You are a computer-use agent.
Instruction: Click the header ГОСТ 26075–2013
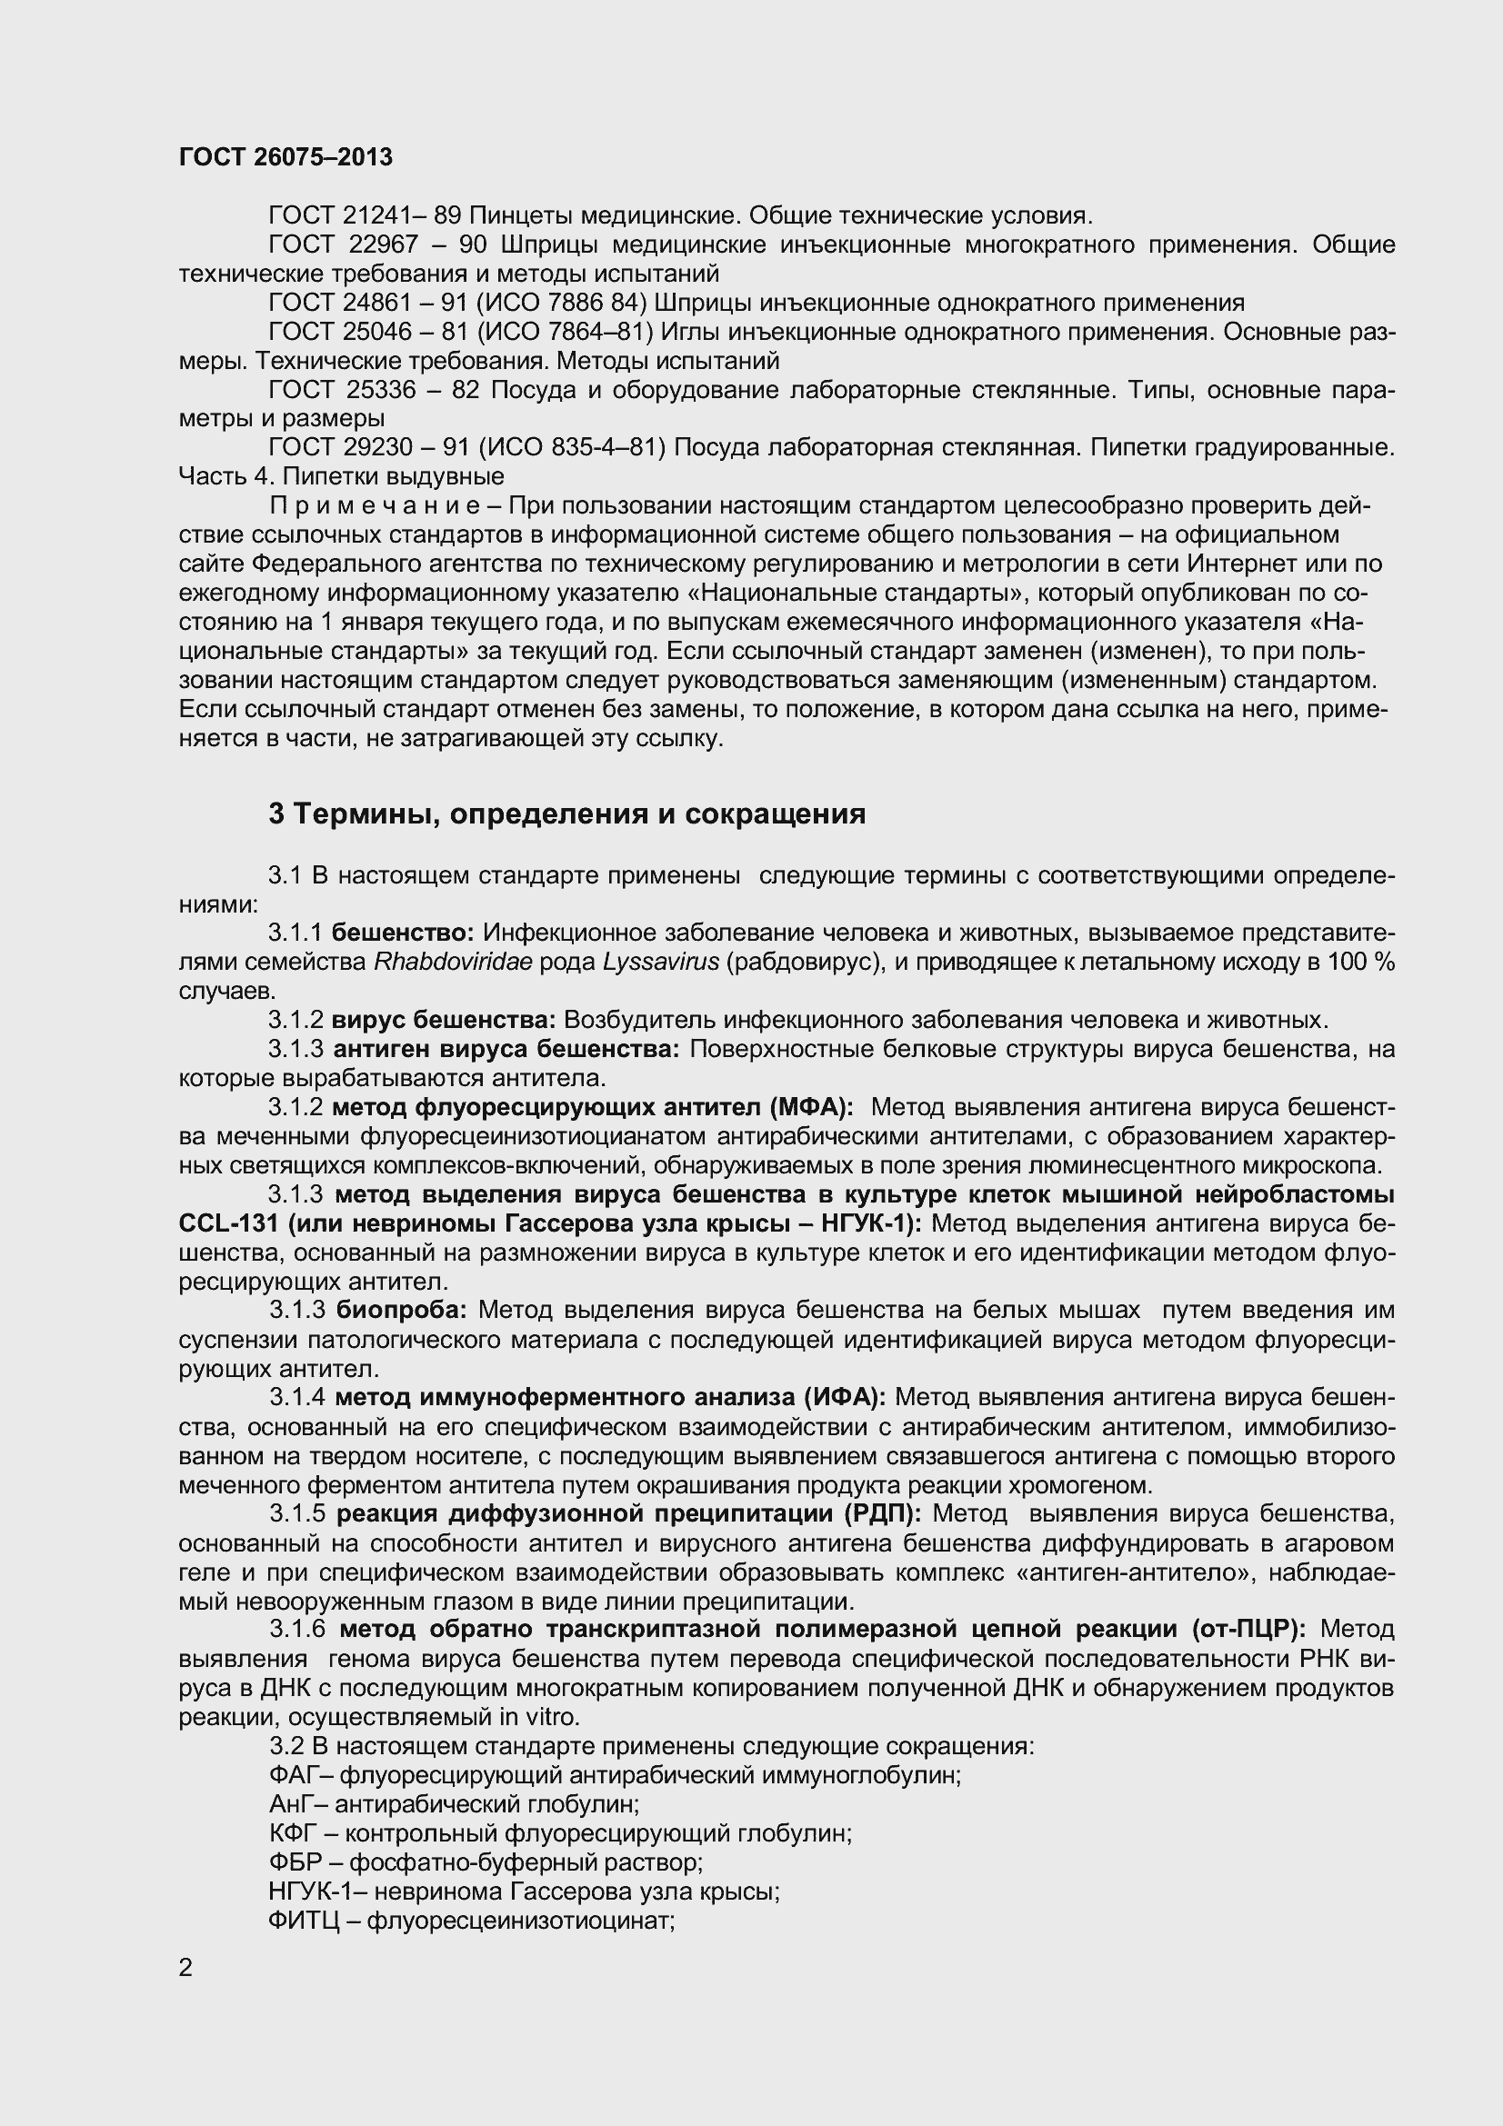tap(286, 157)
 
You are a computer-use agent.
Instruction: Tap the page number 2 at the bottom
tap(185, 1968)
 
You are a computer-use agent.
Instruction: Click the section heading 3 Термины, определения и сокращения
tap(566, 813)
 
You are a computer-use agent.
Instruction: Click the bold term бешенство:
tap(403, 933)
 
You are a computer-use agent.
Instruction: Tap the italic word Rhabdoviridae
tap(453, 962)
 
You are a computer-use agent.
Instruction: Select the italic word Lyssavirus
tap(660, 962)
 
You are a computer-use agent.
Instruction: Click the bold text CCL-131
tap(228, 1223)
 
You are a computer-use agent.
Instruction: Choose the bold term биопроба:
tap(402, 1311)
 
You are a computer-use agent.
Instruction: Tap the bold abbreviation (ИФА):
tap(845, 1396)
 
